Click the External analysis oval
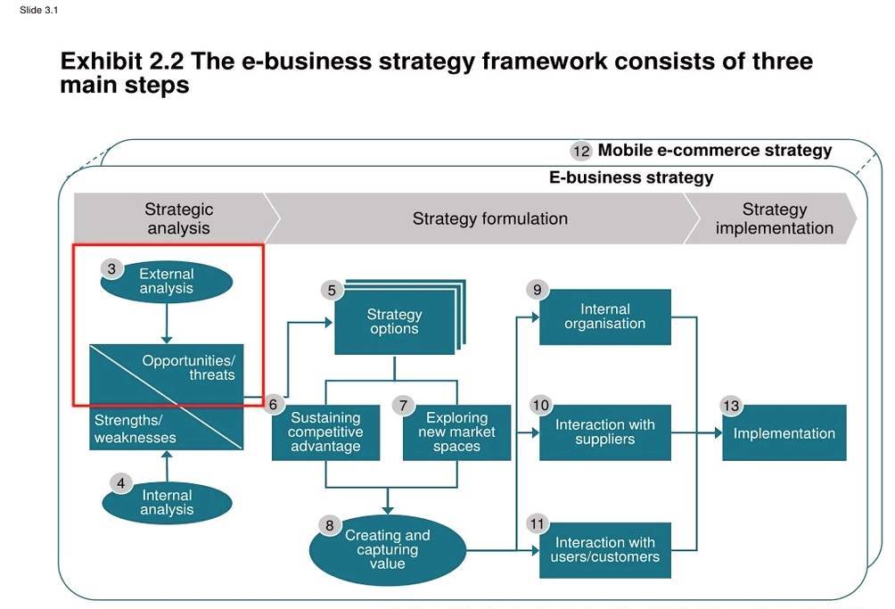point(167,282)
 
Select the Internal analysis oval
point(167,503)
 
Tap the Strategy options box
point(394,322)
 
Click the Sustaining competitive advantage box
point(325,432)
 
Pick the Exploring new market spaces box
point(456,432)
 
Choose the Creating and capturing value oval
point(388,549)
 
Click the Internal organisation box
point(604,317)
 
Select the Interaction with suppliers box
point(604,432)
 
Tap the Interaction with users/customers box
point(604,550)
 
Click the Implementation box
point(784,433)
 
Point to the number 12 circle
point(581,151)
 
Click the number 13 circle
point(731,407)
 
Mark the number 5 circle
point(332,291)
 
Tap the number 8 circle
point(329,526)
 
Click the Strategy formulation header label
point(489,218)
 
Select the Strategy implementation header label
point(774,218)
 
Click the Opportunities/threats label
point(189,367)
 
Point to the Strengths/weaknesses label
point(135,428)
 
